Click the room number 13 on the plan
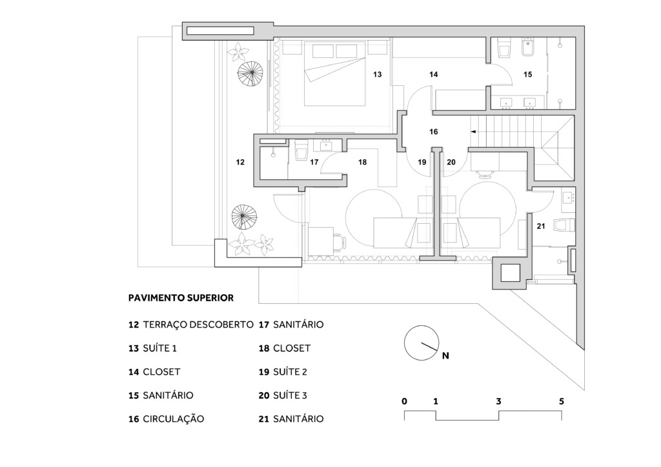[377, 75]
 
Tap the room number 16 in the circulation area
[433, 132]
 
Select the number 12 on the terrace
[240, 162]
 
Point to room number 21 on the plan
[541, 226]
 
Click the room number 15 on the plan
[528, 75]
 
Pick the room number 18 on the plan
[363, 162]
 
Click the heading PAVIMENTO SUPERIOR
[181, 298]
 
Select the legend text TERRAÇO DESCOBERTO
[198, 324]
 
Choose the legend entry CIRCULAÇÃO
[173, 419]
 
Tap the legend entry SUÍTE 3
[290, 395]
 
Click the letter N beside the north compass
[445, 356]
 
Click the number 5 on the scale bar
[562, 401]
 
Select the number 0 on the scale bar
[405, 401]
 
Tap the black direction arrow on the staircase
[473, 132]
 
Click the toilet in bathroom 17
[301, 150]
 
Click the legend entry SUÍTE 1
[160, 348]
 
